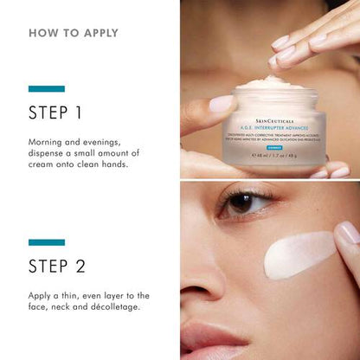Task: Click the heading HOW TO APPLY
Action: click(x=73, y=33)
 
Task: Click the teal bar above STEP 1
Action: click(x=47, y=88)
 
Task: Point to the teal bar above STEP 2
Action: click(x=47, y=242)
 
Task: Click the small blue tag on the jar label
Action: click(x=296, y=148)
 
